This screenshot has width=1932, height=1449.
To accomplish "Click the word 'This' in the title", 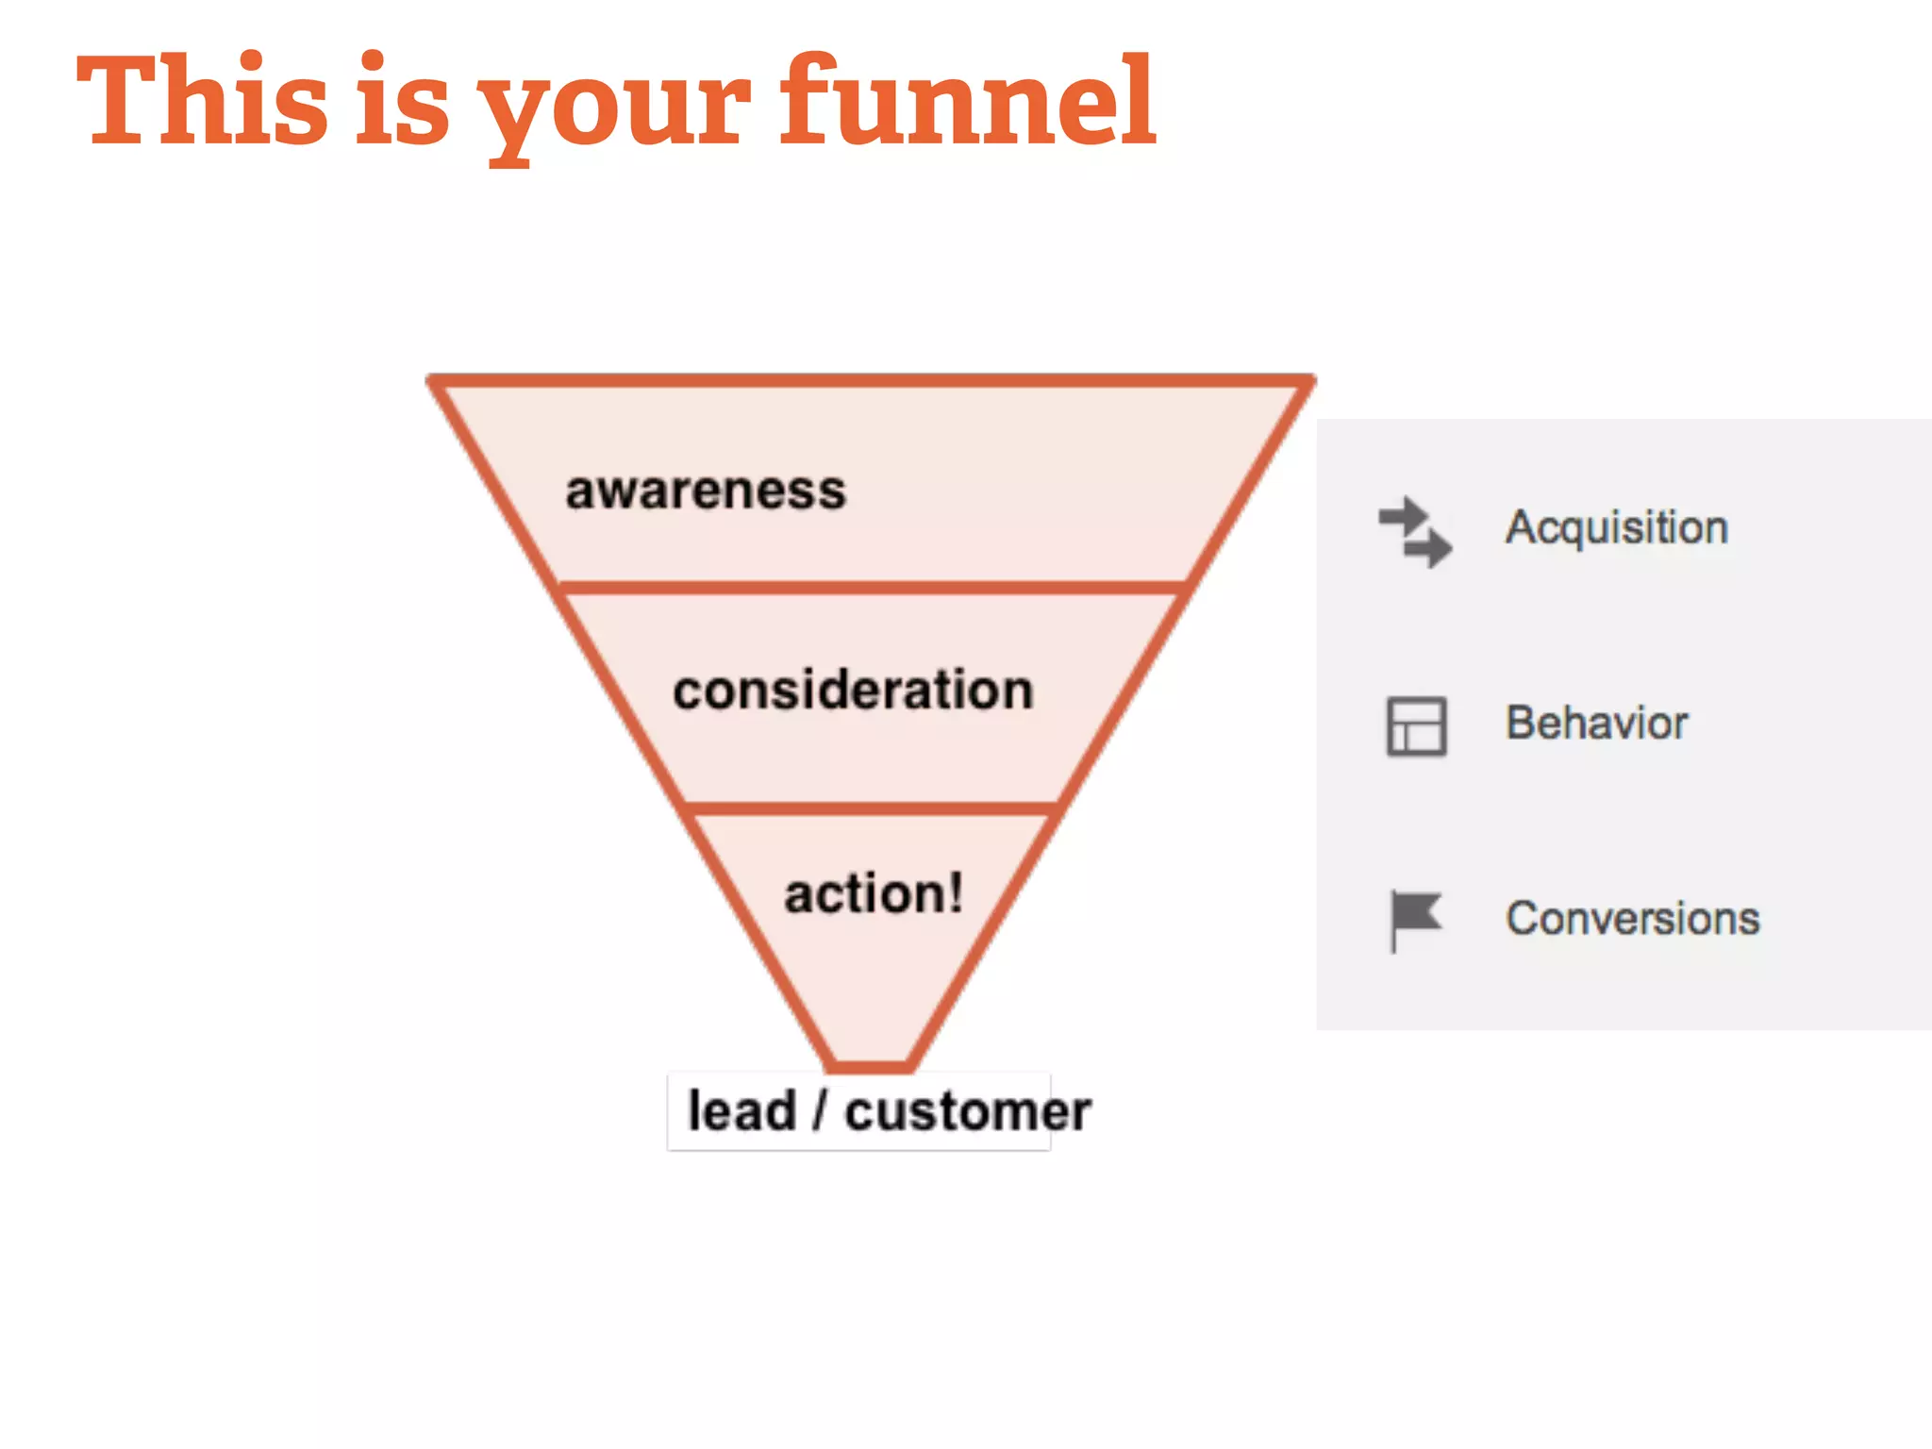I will pos(202,101).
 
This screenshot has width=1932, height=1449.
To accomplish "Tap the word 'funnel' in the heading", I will pos(968,101).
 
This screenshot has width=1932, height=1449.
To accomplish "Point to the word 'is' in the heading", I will pos(404,101).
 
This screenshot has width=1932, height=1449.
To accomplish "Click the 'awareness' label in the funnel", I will pos(706,491).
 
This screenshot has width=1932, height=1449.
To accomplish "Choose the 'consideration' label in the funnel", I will pos(853,691).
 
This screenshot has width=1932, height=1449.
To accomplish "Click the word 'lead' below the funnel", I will pos(741,1110).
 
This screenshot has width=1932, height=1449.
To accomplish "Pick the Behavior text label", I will pos(1596,724).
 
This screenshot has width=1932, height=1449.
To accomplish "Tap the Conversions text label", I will pos(1633,919).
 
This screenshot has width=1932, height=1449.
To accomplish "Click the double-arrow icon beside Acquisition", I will pos(1415,532).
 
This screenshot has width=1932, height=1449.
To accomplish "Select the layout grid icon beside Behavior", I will pos(1416,726).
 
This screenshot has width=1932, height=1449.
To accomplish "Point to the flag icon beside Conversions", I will pos(1414,919).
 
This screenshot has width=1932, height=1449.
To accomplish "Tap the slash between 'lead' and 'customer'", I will pos(820,1110).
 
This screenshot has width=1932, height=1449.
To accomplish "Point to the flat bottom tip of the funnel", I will pos(872,1067).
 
